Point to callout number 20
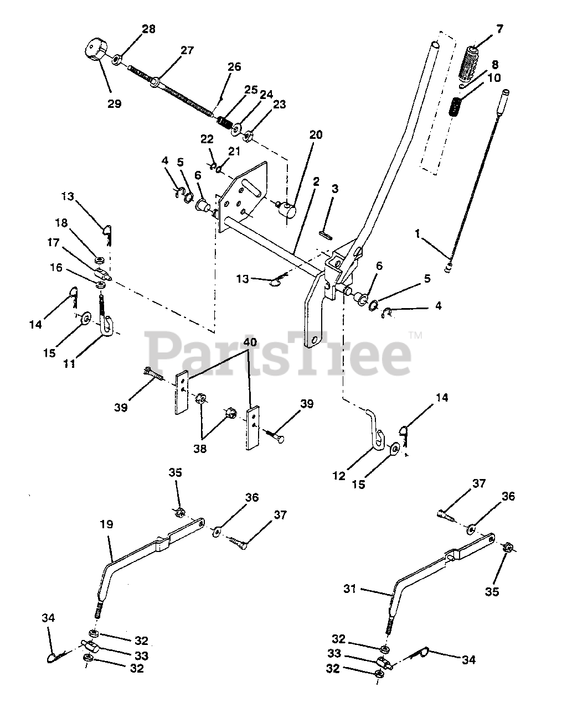(316, 135)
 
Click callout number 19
(106, 524)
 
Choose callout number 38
(200, 449)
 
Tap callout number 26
(234, 67)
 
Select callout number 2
(316, 181)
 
